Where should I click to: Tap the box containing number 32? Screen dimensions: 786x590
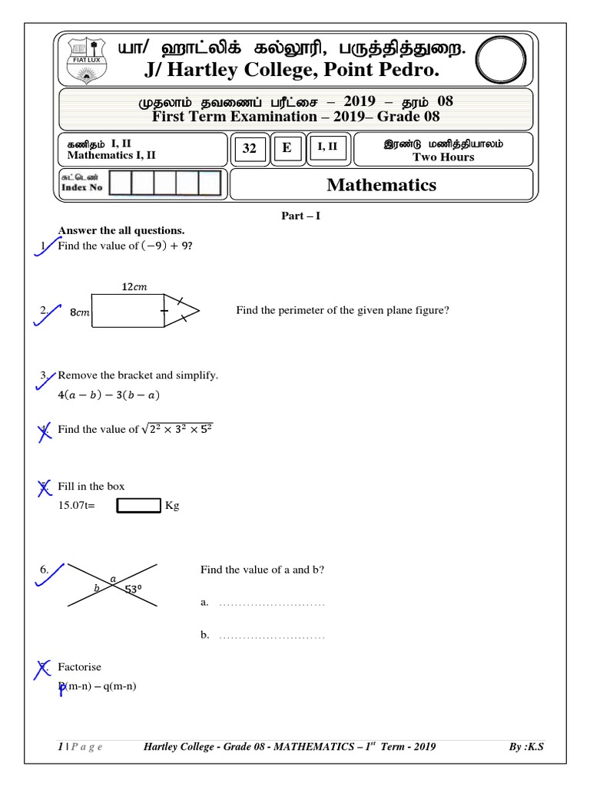250,149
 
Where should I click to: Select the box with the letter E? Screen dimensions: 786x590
287,148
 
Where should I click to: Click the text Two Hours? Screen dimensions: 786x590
443,157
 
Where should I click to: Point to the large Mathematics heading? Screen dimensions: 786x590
381,185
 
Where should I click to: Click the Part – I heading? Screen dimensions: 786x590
300,216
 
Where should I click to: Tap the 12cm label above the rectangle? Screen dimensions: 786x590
134,287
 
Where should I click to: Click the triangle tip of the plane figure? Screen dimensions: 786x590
197,311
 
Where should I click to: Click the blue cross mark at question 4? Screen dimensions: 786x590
45,433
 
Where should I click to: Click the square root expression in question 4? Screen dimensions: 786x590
177,429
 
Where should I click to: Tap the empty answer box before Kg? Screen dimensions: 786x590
138,506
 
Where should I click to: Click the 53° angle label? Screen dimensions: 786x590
134,589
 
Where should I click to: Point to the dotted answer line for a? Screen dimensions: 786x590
272,604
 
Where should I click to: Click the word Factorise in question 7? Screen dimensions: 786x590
79,667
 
